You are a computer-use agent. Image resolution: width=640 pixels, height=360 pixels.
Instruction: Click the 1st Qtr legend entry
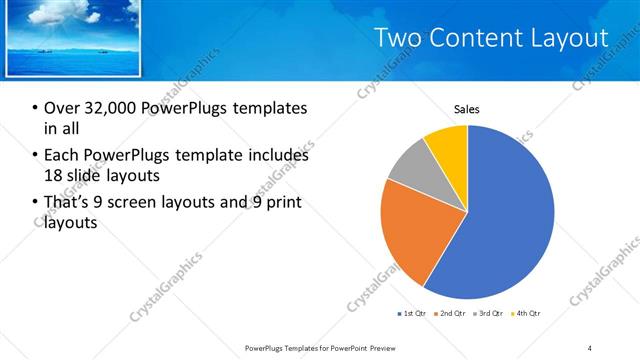pyautogui.click(x=412, y=314)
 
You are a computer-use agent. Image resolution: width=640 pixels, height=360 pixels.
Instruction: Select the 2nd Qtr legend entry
pyautogui.click(x=451, y=314)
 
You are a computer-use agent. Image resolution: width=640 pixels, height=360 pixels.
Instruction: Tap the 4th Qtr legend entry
pyautogui.click(x=527, y=314)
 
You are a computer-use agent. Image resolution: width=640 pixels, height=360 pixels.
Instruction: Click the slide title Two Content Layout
pyautogui.click(x=490, y=38)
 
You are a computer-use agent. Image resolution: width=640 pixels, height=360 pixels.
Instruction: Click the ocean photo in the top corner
pyautogui.click(x=72, y=37)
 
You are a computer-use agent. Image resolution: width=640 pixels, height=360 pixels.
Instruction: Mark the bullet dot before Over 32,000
pyautogui.click(x=35, y=109)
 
